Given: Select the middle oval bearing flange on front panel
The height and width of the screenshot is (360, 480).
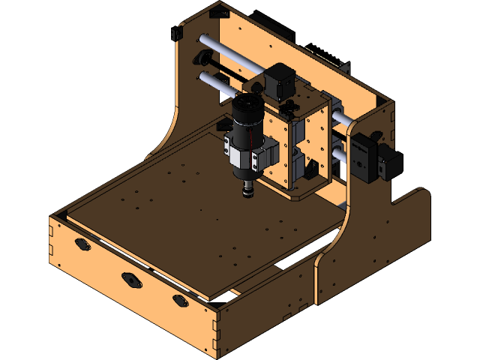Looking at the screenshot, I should click(133, 280).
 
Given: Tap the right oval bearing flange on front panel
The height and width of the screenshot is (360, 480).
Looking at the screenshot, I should click(181, 300).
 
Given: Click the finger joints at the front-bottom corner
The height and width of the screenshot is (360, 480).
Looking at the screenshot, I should click(217, 331).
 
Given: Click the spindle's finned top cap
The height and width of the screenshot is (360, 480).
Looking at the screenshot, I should click(244, 107).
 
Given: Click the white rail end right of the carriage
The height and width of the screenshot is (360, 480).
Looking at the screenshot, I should click(341, 120).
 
